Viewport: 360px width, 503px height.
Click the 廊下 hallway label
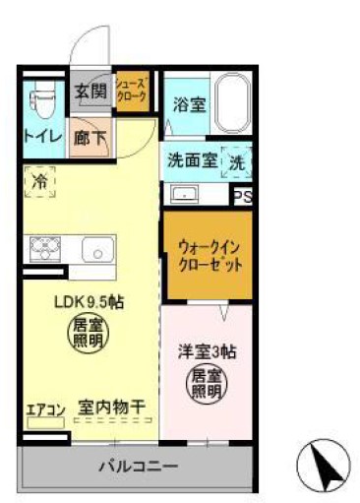click(x=91, y=138)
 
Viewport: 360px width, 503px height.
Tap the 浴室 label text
click(x=190, y=102)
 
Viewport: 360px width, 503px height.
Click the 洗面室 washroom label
click(x=190, y=159)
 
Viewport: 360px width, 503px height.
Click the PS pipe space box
click(x=242, y=195)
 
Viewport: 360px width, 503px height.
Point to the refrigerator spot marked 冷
click(x=39, y=182)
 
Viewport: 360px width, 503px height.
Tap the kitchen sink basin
click(x=98, y=250)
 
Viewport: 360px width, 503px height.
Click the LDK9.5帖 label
click(x=88, y=302)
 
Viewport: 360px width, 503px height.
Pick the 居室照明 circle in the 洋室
click(x=207, y=381)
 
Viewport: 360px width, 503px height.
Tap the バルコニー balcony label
click(x=139, y=465)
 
